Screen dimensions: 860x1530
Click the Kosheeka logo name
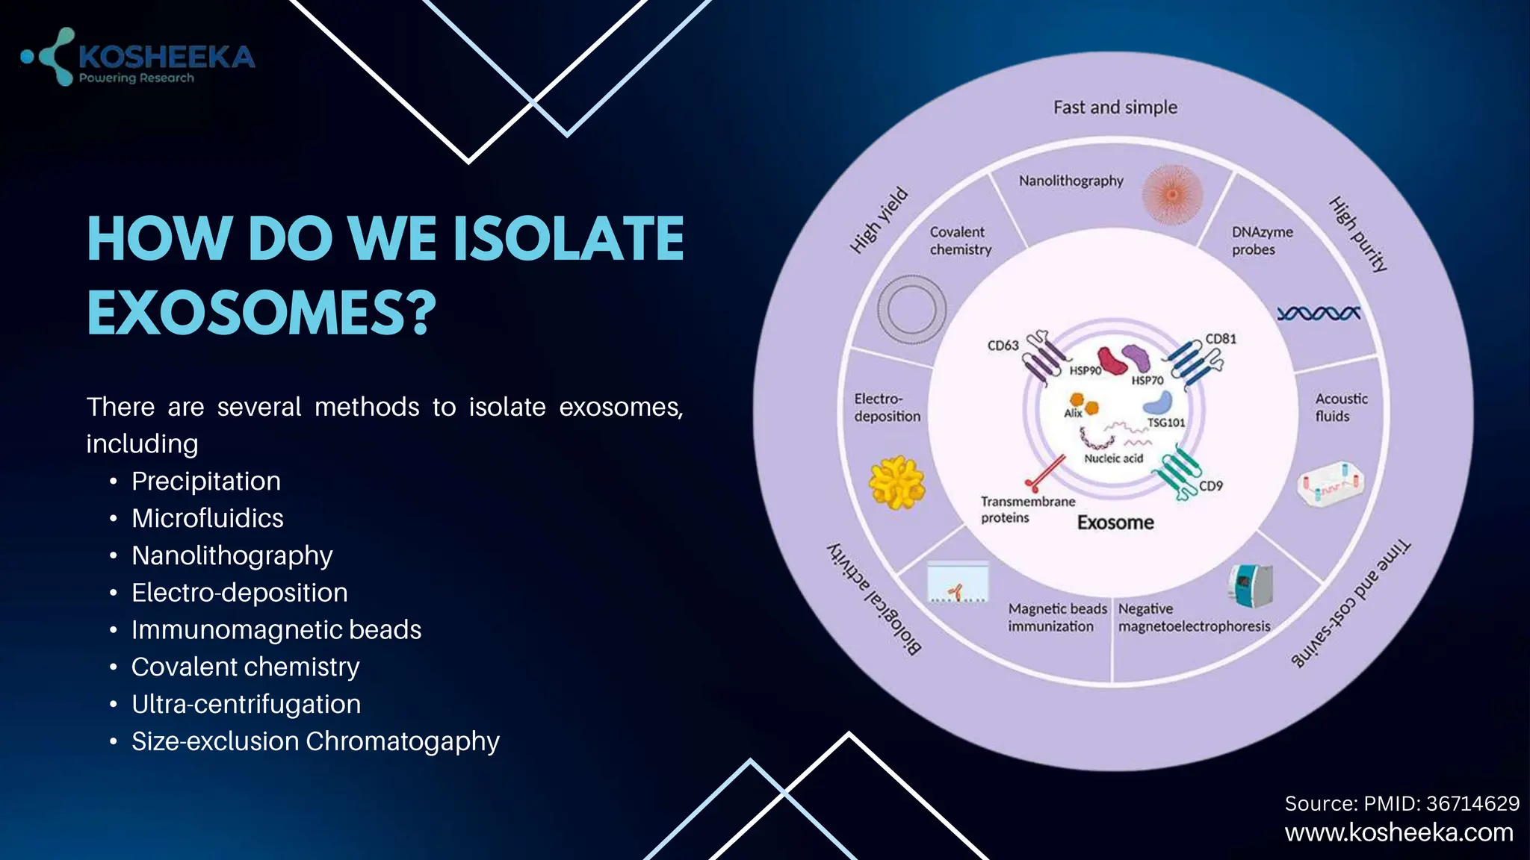click(x=166, y=57)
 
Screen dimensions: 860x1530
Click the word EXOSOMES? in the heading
click(x=261, y=312)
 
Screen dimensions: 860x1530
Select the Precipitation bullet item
click(x=205, y=482)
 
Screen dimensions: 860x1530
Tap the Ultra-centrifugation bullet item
click(x=246, y=704)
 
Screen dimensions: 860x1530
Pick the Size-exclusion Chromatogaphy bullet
click(x=315, y=741)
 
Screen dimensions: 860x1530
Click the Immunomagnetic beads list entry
click(x=276, y=630)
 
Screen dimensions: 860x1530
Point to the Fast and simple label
click(x=1115, y=107)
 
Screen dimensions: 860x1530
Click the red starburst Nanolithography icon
click(x=1172, y=195)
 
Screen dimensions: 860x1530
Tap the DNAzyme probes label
click(x=1262, y=240)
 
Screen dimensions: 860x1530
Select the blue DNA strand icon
click(x=1318, y=314)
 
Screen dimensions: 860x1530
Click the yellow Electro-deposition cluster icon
click(x=896, y=482)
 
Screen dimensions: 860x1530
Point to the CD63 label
click(x=1003, y=346)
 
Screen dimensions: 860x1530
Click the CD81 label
click(x=1221, y=339)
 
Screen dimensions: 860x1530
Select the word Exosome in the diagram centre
click(x=1115, y=523)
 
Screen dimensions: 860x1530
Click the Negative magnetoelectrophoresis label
click(x=1193, y=618)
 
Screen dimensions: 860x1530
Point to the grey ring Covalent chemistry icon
click(x=911, y=309)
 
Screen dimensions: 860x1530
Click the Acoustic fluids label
click(x=1341, y=408)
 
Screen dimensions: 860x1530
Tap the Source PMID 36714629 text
click(x=1402, y=803)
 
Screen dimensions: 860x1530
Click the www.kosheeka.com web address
click(x=1399, y=832)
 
